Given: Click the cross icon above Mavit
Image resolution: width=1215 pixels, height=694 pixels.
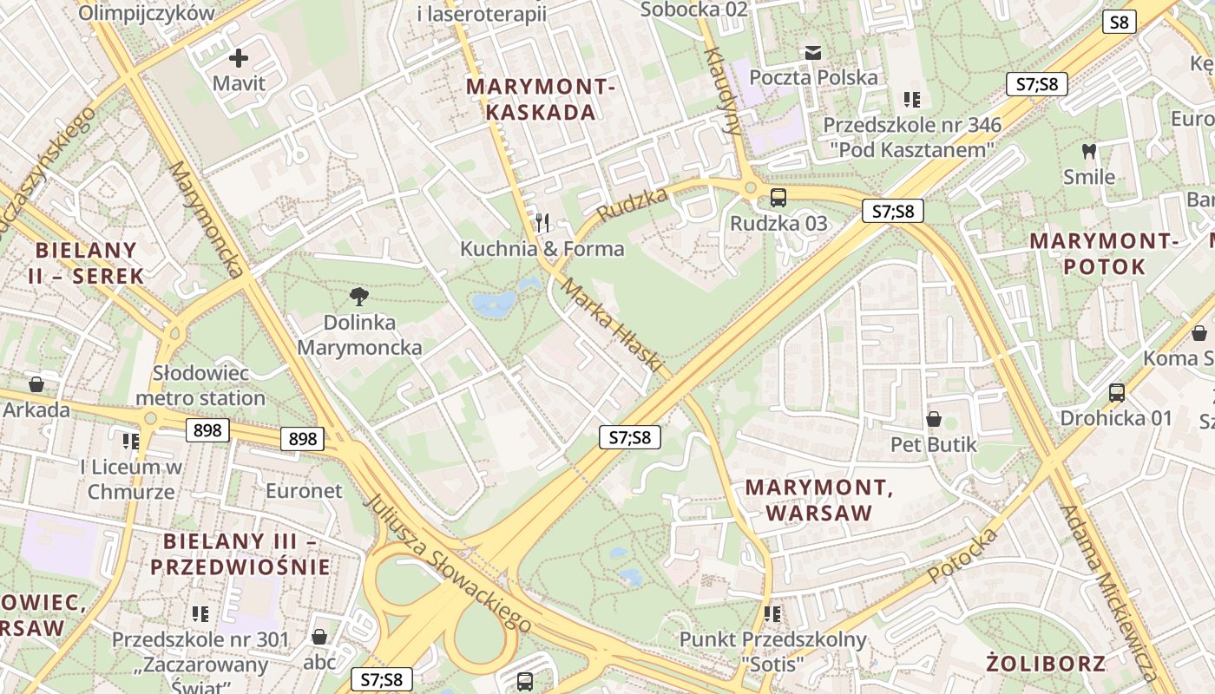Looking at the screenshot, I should click(238, 59).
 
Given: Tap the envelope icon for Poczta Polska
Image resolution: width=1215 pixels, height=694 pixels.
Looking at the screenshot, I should click(812, 53).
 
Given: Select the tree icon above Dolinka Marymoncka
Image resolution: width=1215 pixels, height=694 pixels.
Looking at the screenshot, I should click(359, 298).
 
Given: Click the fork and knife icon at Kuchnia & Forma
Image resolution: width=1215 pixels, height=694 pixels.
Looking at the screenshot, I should click(542, 223).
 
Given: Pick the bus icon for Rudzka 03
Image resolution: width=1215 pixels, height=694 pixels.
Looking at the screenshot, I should click(778, 197).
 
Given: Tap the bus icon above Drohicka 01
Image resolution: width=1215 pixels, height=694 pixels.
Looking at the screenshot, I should click(1116, 393).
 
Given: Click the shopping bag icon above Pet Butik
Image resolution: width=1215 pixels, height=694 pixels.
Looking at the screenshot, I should click(934, 420).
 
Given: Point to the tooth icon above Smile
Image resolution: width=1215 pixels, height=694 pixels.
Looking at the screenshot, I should click(1088, 152).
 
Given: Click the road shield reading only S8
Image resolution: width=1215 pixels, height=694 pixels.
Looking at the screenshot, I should click(1120, 23).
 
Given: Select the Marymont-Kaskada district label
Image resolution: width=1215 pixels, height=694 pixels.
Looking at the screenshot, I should click(542, 99).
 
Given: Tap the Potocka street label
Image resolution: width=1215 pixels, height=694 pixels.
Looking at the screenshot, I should click(962, 555).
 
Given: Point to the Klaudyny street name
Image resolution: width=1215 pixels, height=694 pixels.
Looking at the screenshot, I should click(722, 91).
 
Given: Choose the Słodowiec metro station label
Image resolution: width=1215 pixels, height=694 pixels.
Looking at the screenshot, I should click(200, 386).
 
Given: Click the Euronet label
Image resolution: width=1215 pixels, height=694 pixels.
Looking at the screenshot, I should click(304, 491).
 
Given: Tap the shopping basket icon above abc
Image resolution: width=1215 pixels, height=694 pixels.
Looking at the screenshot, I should click(319, 638).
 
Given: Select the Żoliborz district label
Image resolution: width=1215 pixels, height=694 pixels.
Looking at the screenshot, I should click(1046, 665).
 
